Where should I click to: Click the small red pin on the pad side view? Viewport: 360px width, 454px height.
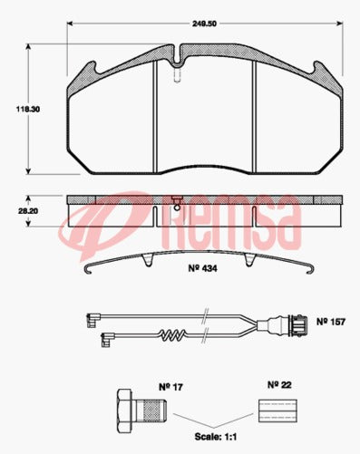pos(178,202)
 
